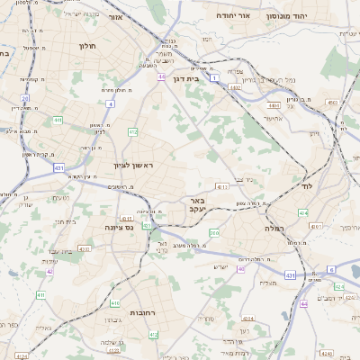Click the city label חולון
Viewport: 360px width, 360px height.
[x=87, y=44]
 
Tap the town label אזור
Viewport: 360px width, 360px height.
[x=113, y=18]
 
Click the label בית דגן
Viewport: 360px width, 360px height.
[x=184, y=77]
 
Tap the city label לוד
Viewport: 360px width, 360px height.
[x=305, y=184]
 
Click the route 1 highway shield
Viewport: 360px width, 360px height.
[x=214, y=79]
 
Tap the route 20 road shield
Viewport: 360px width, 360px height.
[x=25, y=98]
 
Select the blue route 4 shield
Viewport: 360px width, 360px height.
[x=110, y=104]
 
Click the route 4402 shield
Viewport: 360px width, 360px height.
[x=235, y=88]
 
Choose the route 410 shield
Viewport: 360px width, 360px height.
[x=40, y=295]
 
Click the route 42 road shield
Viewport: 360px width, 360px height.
[x=50, y=271]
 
